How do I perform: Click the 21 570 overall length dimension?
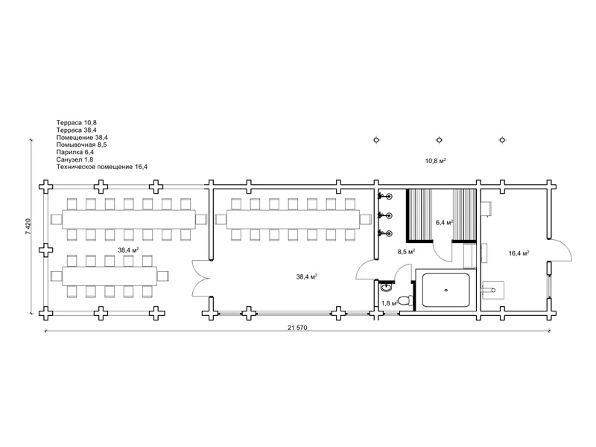pos(297,328)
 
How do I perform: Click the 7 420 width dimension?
pos(28,226)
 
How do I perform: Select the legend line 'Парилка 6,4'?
pos(75,152)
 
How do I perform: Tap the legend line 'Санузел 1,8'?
pos(74,159)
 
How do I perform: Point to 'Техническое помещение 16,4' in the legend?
pos(102,166)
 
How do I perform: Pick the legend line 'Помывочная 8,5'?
pos(81,145)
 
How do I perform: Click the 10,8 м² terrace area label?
pos(436,161)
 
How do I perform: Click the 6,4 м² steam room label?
pos(444,222)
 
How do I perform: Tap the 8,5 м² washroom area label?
pos(406,252)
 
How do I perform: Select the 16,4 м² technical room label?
pos(519,253)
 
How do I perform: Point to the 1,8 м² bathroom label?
pos(389,303)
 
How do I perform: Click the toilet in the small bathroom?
pos(406,300)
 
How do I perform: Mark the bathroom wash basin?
pos(386,287)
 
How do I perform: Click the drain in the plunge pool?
pos(446,290)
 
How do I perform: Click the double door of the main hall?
pos(201,278)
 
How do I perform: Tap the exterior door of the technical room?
pos(560,250)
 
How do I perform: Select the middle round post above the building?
pos(439,140)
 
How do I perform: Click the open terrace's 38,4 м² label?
pos(128,250)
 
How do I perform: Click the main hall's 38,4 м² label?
pos(307,276)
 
